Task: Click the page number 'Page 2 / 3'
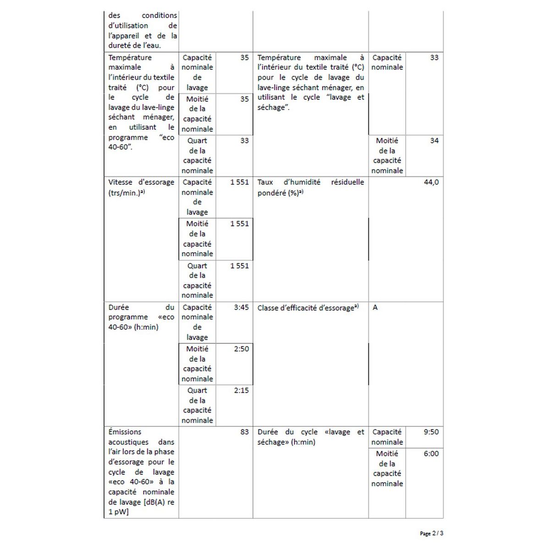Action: (x=431, y=533)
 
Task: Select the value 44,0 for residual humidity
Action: (x=431, y=182)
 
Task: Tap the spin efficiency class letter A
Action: (x=375, y=308)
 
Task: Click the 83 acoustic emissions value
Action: (x=244, y=432)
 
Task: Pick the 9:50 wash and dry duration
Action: (x=431, y=432)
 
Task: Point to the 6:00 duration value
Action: (x=431, y=454)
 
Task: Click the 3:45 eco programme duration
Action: (x=241, y=308)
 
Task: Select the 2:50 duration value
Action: (x=241, y=349)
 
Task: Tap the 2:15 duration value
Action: (x=241, y=390)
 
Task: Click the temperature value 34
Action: (x=434, y=141)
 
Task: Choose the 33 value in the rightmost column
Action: (x=434, y=58)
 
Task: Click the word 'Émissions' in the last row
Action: (x=125, y=432)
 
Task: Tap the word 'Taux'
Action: (x=265, y=182)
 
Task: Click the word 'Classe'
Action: (x=268, y=308)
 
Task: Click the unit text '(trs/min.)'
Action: (x=124, y=193)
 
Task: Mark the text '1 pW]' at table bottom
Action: (x=118, y=512)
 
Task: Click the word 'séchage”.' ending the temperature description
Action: (x=273, y=108)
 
